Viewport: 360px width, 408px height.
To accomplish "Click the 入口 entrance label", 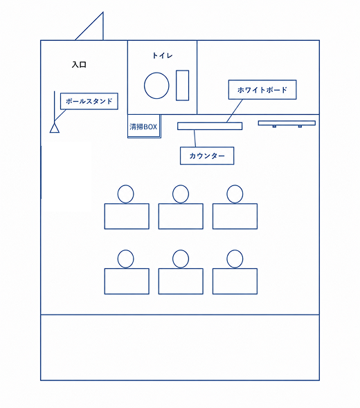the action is point(79,64).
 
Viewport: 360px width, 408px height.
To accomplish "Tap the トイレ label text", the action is point(162,55).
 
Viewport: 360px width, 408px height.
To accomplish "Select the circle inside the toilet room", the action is point(156,86).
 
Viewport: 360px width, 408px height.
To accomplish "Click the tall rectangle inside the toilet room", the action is point(182,85).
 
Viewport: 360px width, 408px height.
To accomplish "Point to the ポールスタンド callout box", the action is point(89,101).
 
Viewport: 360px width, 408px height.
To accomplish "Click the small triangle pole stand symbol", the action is point(55,128).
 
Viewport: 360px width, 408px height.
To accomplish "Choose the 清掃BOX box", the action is point(144,127).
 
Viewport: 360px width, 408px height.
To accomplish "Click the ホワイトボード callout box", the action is point(262,90).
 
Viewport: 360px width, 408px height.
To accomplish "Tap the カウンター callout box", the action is point(207,156).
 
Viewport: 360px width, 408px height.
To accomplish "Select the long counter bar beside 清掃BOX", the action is point(210,126).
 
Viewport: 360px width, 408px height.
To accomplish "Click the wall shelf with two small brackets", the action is point(287,123).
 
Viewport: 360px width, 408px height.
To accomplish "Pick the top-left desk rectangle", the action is point(127,216).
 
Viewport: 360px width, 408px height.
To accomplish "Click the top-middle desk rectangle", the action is point(181,216).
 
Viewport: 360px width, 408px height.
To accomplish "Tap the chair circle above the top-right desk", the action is point(235,194).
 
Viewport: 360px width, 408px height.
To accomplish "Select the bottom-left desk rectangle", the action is point(127,281).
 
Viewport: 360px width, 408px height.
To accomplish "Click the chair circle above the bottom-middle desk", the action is point(181,259).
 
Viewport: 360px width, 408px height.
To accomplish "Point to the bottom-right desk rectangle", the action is point(235,281).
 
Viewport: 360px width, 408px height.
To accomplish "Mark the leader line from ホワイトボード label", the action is point(235,111).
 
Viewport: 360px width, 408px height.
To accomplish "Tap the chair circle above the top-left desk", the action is point(125,194).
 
